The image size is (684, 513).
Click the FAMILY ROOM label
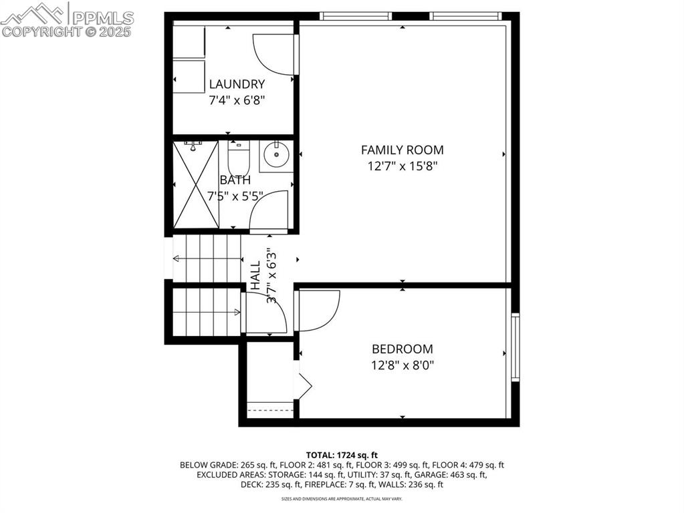coord(402,150)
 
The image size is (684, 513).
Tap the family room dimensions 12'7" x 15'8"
coord(402,166)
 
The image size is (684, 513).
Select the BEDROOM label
coord(402,349)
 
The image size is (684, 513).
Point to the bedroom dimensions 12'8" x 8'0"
coord(402,365)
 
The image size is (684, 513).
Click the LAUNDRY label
coord(237,84)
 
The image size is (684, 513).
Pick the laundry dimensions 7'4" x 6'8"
coord(237,101)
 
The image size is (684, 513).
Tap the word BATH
coord(235,180)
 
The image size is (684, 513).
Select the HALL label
coord(256,276)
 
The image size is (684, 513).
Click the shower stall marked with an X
coord(196,184)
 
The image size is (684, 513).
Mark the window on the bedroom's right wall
coord(515,347)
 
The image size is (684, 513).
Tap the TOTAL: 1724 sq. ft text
coord(342,454)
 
